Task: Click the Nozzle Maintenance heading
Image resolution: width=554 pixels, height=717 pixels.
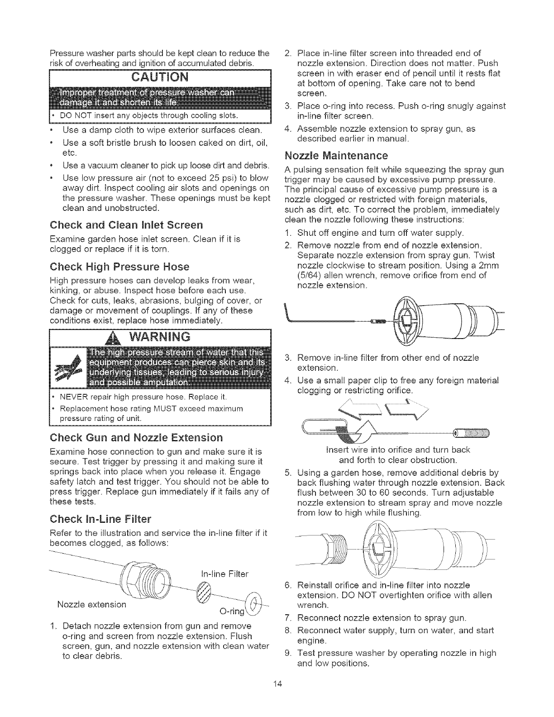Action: pos(336,156)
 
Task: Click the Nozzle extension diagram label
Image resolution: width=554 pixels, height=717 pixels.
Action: pos(92,604)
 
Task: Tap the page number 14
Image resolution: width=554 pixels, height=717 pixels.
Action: pos(277,695)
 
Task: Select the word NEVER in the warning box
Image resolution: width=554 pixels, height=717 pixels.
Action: pos(73,397)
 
